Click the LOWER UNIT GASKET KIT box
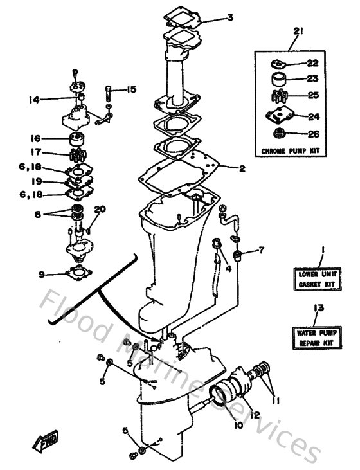[319, 278]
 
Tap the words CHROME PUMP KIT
[291, 151]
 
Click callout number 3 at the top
[230, 17]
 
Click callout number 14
[33, 99]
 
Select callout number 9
[41, 275]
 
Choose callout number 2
[242, 169]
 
